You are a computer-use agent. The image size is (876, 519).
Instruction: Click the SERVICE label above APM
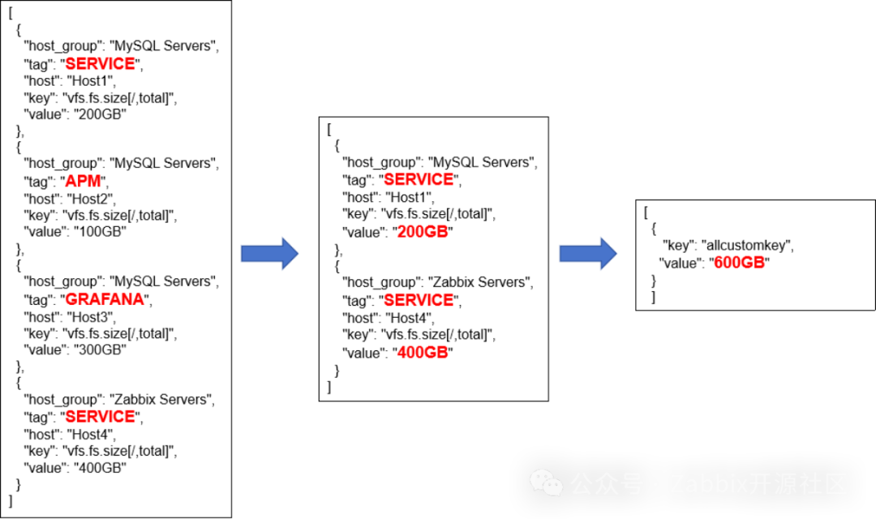(100, 64)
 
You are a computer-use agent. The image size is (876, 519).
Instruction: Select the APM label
(83, 182)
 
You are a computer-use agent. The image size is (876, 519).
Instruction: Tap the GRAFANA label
(105, 299)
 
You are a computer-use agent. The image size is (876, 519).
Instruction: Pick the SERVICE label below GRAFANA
(100, 417)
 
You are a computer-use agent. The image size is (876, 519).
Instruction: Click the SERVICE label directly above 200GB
(419, 179)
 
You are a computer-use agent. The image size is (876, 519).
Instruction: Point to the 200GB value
(423, 232)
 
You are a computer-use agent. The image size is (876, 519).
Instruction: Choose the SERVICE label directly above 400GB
(419, 300)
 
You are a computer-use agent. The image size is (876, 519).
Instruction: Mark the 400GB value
(423, 352)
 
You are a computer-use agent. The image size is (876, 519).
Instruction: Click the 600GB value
(739, 262)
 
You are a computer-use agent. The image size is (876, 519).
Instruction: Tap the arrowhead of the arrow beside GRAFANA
(290, 254)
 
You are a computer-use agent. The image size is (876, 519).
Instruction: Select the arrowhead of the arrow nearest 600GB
(608, 254)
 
